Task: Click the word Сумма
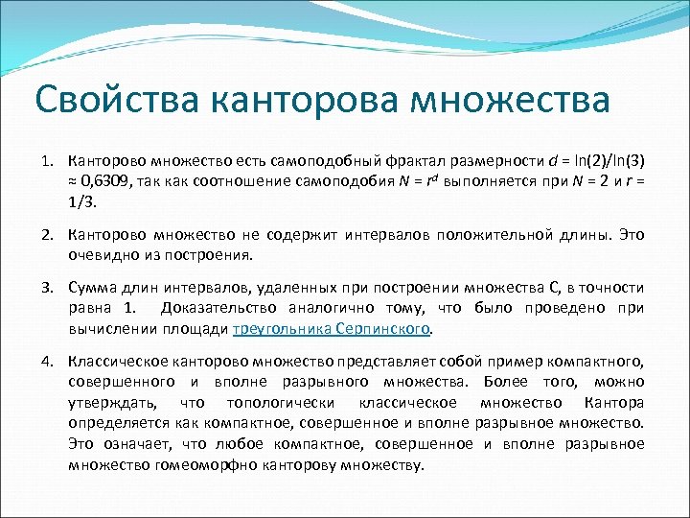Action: coord(91,288)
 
